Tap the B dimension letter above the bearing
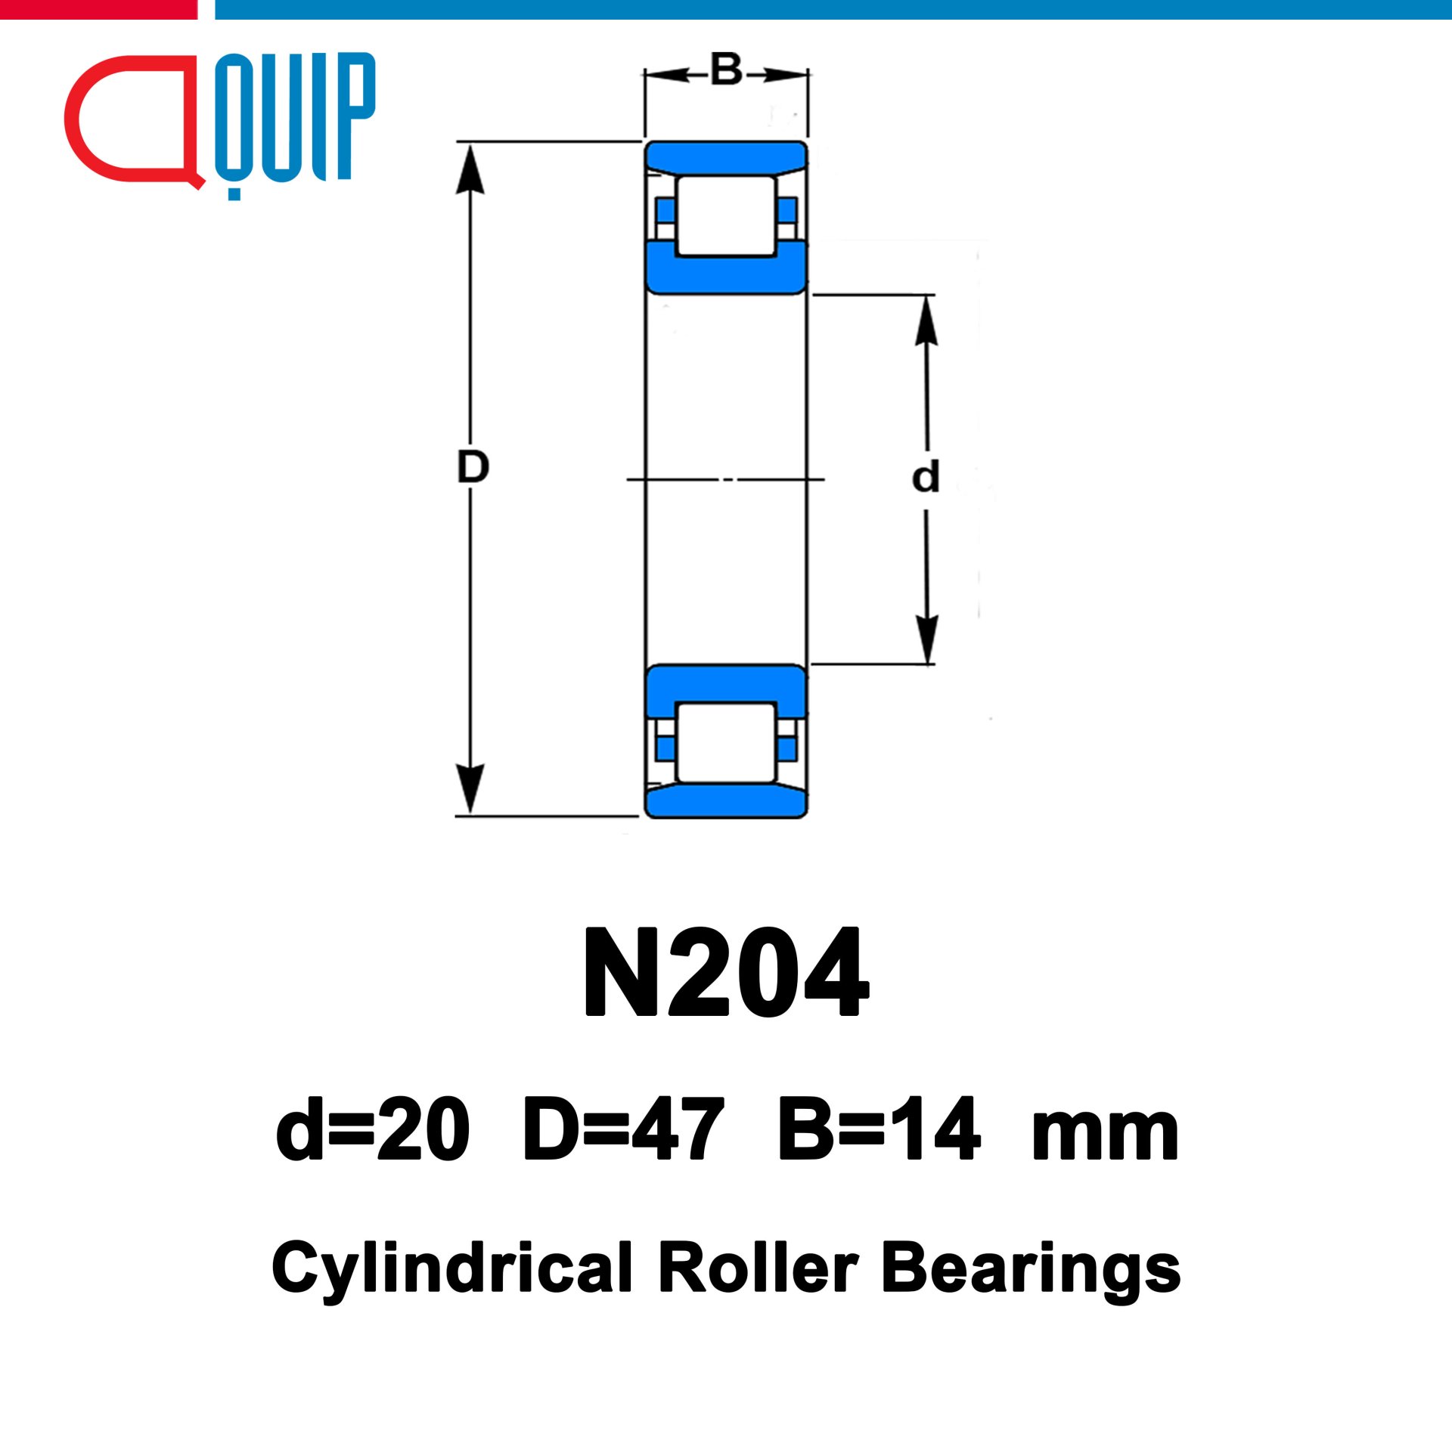tap(727, 70)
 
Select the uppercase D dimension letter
tap(473, 466)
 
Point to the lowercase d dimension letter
tap(926, 476)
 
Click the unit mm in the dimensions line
tap(1105, 1136)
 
